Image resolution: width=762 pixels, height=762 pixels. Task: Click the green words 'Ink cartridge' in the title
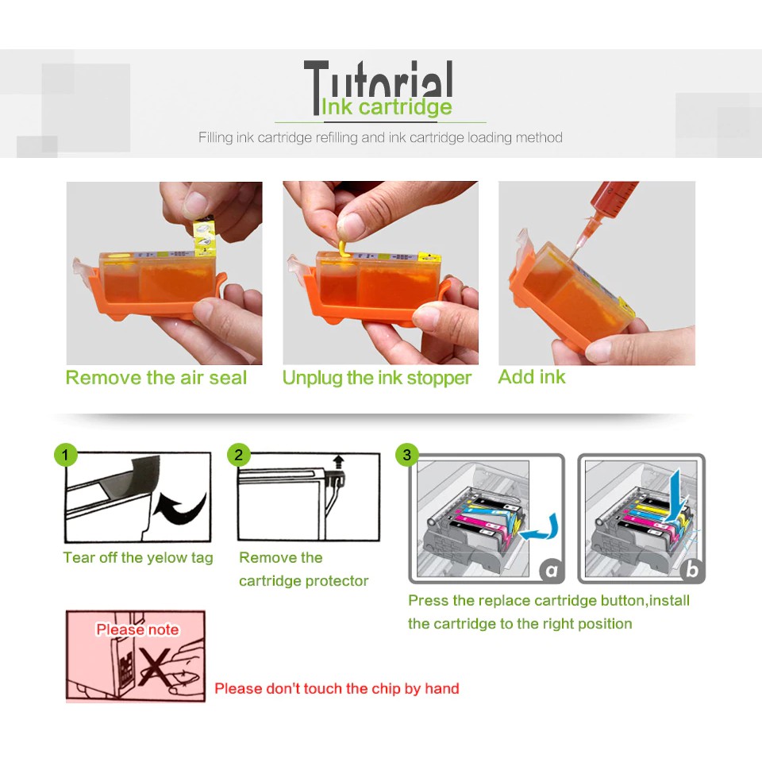pos(387,107)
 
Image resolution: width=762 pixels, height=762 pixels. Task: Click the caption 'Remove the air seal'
pos(156,378)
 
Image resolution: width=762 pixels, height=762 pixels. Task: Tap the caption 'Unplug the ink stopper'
pos(376,378)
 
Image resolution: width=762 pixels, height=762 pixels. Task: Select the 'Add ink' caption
pos(532,376)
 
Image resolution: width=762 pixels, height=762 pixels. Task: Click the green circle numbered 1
pos(66,455)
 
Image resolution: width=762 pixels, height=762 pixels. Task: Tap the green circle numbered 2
pos(239,455)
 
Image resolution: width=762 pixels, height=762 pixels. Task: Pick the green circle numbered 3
pos(407,455)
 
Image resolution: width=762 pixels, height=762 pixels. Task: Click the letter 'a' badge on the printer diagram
pos(552,570)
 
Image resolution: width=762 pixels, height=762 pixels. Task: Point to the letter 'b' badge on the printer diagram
pos(692,570)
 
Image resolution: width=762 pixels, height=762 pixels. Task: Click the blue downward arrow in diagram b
pos(675,495)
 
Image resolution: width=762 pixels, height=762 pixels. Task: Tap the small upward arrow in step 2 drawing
pos(339,462)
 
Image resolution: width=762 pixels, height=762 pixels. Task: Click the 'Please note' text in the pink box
pos(137,629)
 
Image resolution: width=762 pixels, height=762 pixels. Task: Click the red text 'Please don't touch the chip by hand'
pos(337,688)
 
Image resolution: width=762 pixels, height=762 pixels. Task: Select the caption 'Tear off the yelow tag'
pos(138,557)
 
